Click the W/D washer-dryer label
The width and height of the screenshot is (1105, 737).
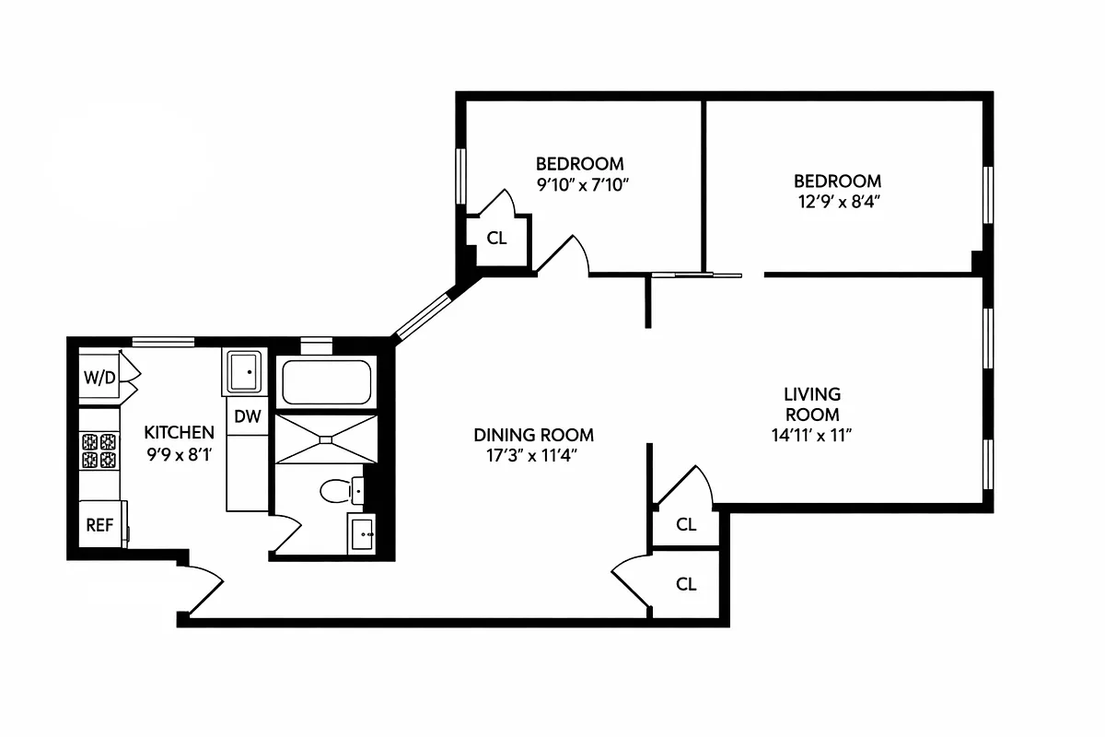(99, 377)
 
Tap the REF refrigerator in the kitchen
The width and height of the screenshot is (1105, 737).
(99, 525)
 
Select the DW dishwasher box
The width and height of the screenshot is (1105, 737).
(247, 416)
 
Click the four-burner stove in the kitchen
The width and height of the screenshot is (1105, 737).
(99, 451)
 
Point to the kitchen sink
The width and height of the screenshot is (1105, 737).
(244, 372)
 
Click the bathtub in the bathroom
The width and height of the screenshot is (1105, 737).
(326, 382)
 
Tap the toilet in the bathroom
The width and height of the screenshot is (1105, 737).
(339, 491)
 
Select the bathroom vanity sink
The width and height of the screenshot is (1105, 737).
(362, 533)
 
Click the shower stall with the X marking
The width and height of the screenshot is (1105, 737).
(327, 439)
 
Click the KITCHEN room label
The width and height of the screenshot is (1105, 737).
(180, 432)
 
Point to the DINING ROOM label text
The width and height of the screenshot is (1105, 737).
(533, 435)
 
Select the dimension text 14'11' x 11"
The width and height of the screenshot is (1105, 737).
(806, 436)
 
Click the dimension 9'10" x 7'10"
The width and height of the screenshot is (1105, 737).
(580, 183)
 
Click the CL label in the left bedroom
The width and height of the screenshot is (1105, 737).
(496, 239)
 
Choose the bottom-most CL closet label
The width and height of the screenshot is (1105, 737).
(686, 584)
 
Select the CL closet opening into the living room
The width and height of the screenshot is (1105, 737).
(686, 525)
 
